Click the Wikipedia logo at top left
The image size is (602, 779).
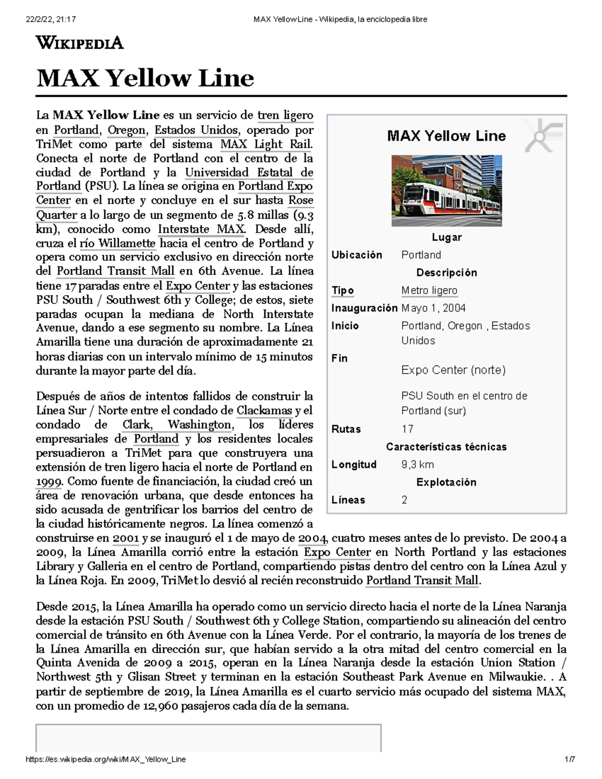pyautogui.click(x=79, y=43)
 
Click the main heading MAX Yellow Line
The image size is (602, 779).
pyautogui.click(x=145, y=78)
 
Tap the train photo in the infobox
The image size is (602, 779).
pyautogui.click(x=446, y=191)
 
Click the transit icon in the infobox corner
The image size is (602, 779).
pyautogui.click(x=543, y=136)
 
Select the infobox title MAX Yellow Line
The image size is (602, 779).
pyautogui.click(x=446, y=136)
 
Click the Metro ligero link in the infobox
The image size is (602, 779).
pyautogui.click(x=429, y=290)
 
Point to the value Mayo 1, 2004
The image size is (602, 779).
pyautogui.click(x=433, y=308)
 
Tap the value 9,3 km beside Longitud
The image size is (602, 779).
pyautogui.click(x=417, y=464)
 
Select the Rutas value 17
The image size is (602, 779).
pyautogui.click(x=407, y=429)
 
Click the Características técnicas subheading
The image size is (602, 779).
pyautogui.click(x=446, y=447)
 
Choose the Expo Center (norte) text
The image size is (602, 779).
pyautogui.click(x=453, y=370)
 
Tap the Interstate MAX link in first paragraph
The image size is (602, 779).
pyautogui.click(x=201, y=230)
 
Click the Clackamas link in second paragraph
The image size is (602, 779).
pyautogui.click(x=264, y=411)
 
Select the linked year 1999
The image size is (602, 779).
pyautogui.click(x=48, y=482)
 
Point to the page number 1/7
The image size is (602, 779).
pyautogui.click(x=569, y=759)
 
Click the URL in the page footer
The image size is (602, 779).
pyautogui.click(x=105, y=759)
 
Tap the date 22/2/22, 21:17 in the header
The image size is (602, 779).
pyautogui.click(x=50, y=20)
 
